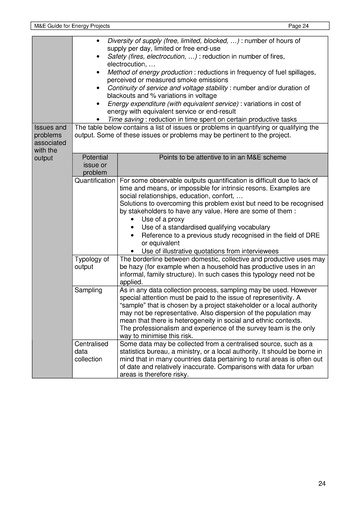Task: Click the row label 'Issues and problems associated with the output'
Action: point(50,142)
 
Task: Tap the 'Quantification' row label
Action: point(95,181)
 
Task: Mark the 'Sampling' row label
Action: point(89,289)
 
